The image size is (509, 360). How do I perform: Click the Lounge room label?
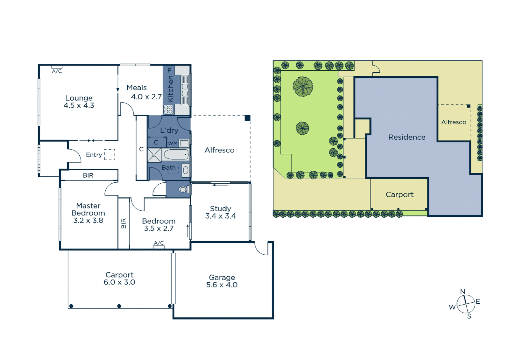click(79, 98)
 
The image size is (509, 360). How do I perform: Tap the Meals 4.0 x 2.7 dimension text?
click(146, 97)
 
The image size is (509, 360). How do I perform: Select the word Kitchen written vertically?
click(170, 89)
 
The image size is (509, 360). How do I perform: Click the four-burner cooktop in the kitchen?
click(168, 109)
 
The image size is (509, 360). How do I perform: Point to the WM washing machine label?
click(173, 143)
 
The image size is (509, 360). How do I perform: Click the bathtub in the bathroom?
click(176, 155)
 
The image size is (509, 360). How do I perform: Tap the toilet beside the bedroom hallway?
click(183, 189)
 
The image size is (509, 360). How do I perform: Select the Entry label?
click(94, 155)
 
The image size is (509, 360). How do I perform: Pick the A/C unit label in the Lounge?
click(57, 71)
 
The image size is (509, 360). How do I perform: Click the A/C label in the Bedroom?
click(159, 243)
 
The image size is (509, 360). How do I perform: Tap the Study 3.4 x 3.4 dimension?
click(221, 216)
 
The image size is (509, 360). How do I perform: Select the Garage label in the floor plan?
click(222, 277)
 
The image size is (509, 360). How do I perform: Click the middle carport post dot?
click(119, 306)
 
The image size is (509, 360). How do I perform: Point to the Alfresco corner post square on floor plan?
click(248, 118)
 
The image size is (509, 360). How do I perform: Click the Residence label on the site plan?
click(407, 137)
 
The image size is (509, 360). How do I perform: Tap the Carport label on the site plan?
click(399, 195)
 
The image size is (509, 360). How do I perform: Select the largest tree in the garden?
click(303, 87)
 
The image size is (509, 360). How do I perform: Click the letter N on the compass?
click(462, 292)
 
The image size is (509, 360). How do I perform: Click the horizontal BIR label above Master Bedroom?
click(88, 175)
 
